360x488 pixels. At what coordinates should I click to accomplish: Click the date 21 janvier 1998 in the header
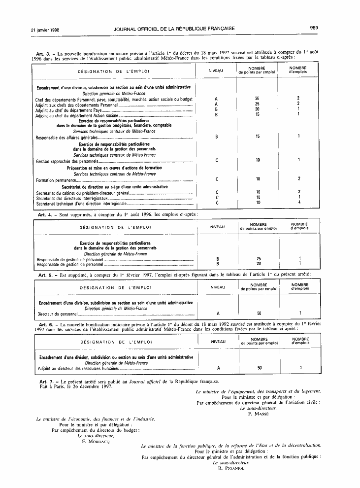pyautogui.click(x=45, y=29)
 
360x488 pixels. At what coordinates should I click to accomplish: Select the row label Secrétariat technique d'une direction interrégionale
pyautogui.click(x=82, y=203)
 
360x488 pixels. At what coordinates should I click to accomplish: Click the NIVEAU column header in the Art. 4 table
pyautogui.click(x=217, y=227)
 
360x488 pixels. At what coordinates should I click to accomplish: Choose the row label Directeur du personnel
pyautogui.click(x=58, y=314)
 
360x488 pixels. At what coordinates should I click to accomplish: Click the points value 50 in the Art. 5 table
pyautogui.click(x=259, y=313)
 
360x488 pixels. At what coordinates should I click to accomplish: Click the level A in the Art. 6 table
pyautogui.click(x=218, y=368)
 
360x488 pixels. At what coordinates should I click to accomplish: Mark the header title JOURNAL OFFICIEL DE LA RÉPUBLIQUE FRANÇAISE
pyautogui.click(x=174, y=29)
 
